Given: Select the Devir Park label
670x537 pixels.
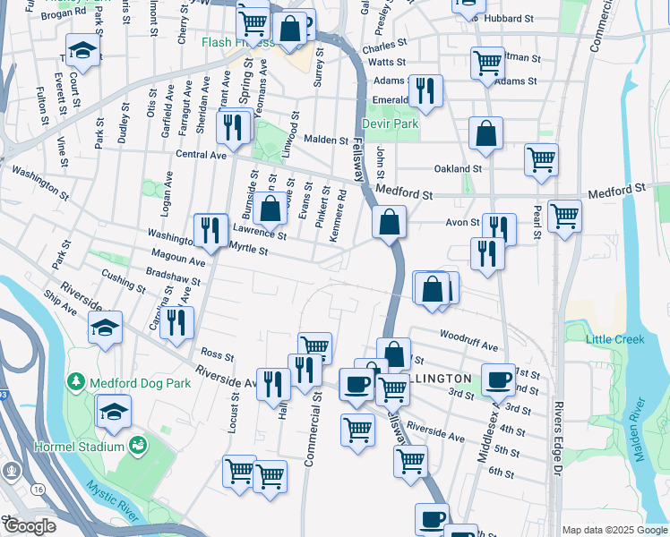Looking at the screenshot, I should tap(391, 124).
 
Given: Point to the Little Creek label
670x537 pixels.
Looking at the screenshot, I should tap(615, 339).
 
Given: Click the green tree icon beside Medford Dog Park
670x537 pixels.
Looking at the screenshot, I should tap(76, 383).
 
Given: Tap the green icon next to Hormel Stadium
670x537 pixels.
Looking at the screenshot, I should tap(138, 445).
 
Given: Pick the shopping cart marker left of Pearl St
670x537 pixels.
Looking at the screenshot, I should tap(542, 159).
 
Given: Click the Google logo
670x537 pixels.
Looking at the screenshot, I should tap(29, 525).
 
